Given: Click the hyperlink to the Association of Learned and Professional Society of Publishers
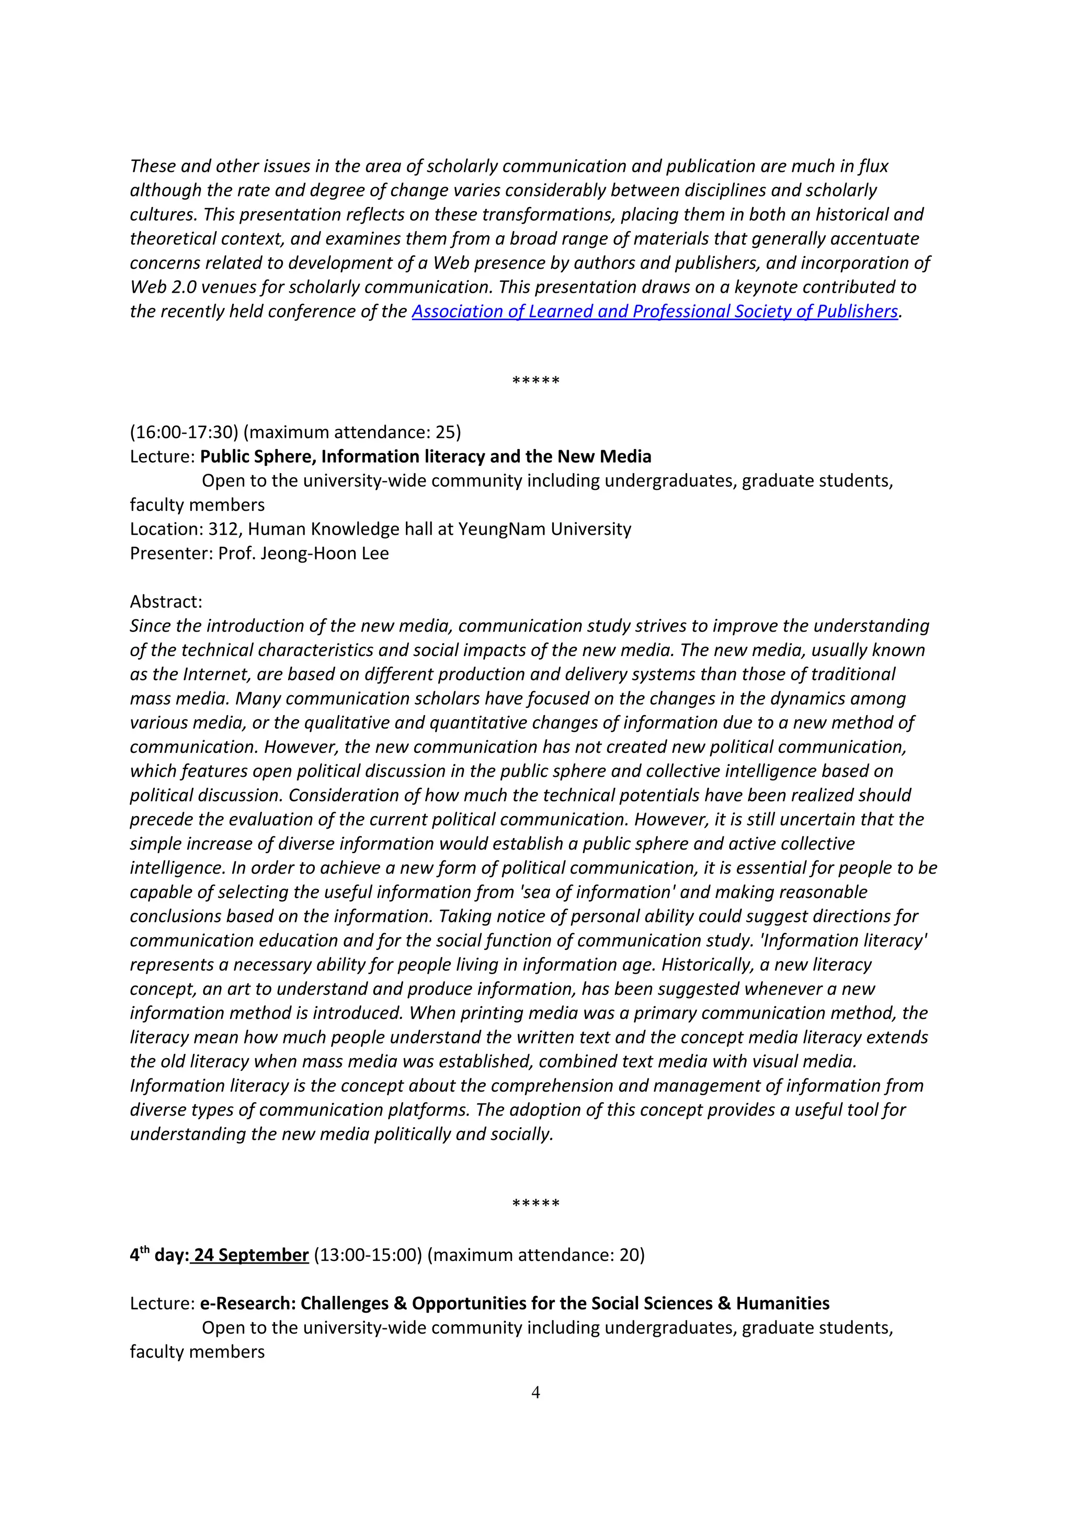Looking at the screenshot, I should (x=655, y=312).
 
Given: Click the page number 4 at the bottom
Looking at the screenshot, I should (x=535, y=1392).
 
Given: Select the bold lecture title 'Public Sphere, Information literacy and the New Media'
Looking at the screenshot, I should (x=426, y=456).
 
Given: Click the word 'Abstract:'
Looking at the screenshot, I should (x=166, y=602).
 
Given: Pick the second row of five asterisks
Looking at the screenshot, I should (x=535, y=1203).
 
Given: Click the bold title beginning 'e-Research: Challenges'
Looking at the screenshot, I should (x=515, y=1303).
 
